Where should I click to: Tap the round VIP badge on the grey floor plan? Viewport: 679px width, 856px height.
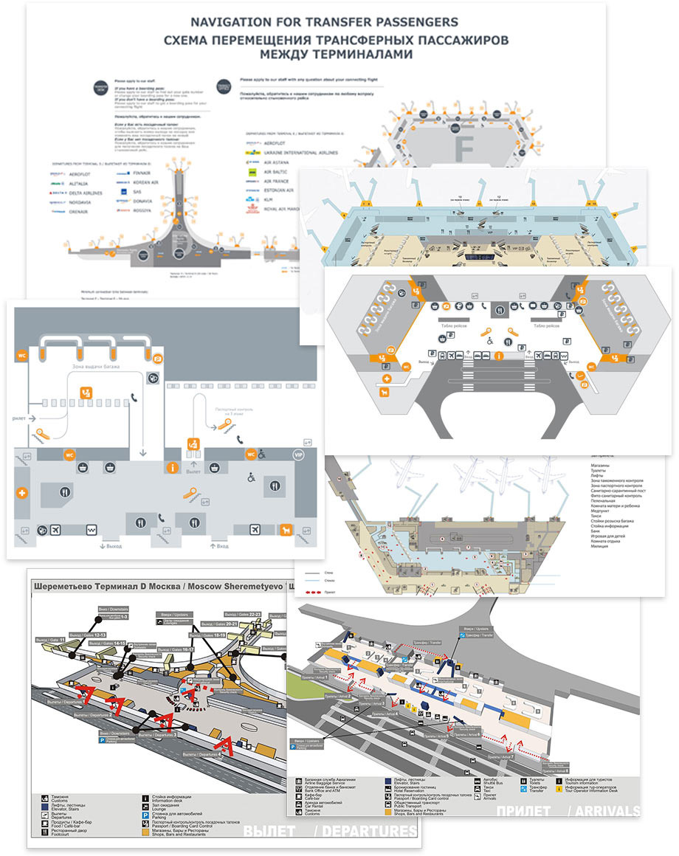298,455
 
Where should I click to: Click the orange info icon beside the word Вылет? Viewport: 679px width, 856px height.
173,467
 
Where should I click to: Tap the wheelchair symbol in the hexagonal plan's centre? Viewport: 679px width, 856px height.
489,342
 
